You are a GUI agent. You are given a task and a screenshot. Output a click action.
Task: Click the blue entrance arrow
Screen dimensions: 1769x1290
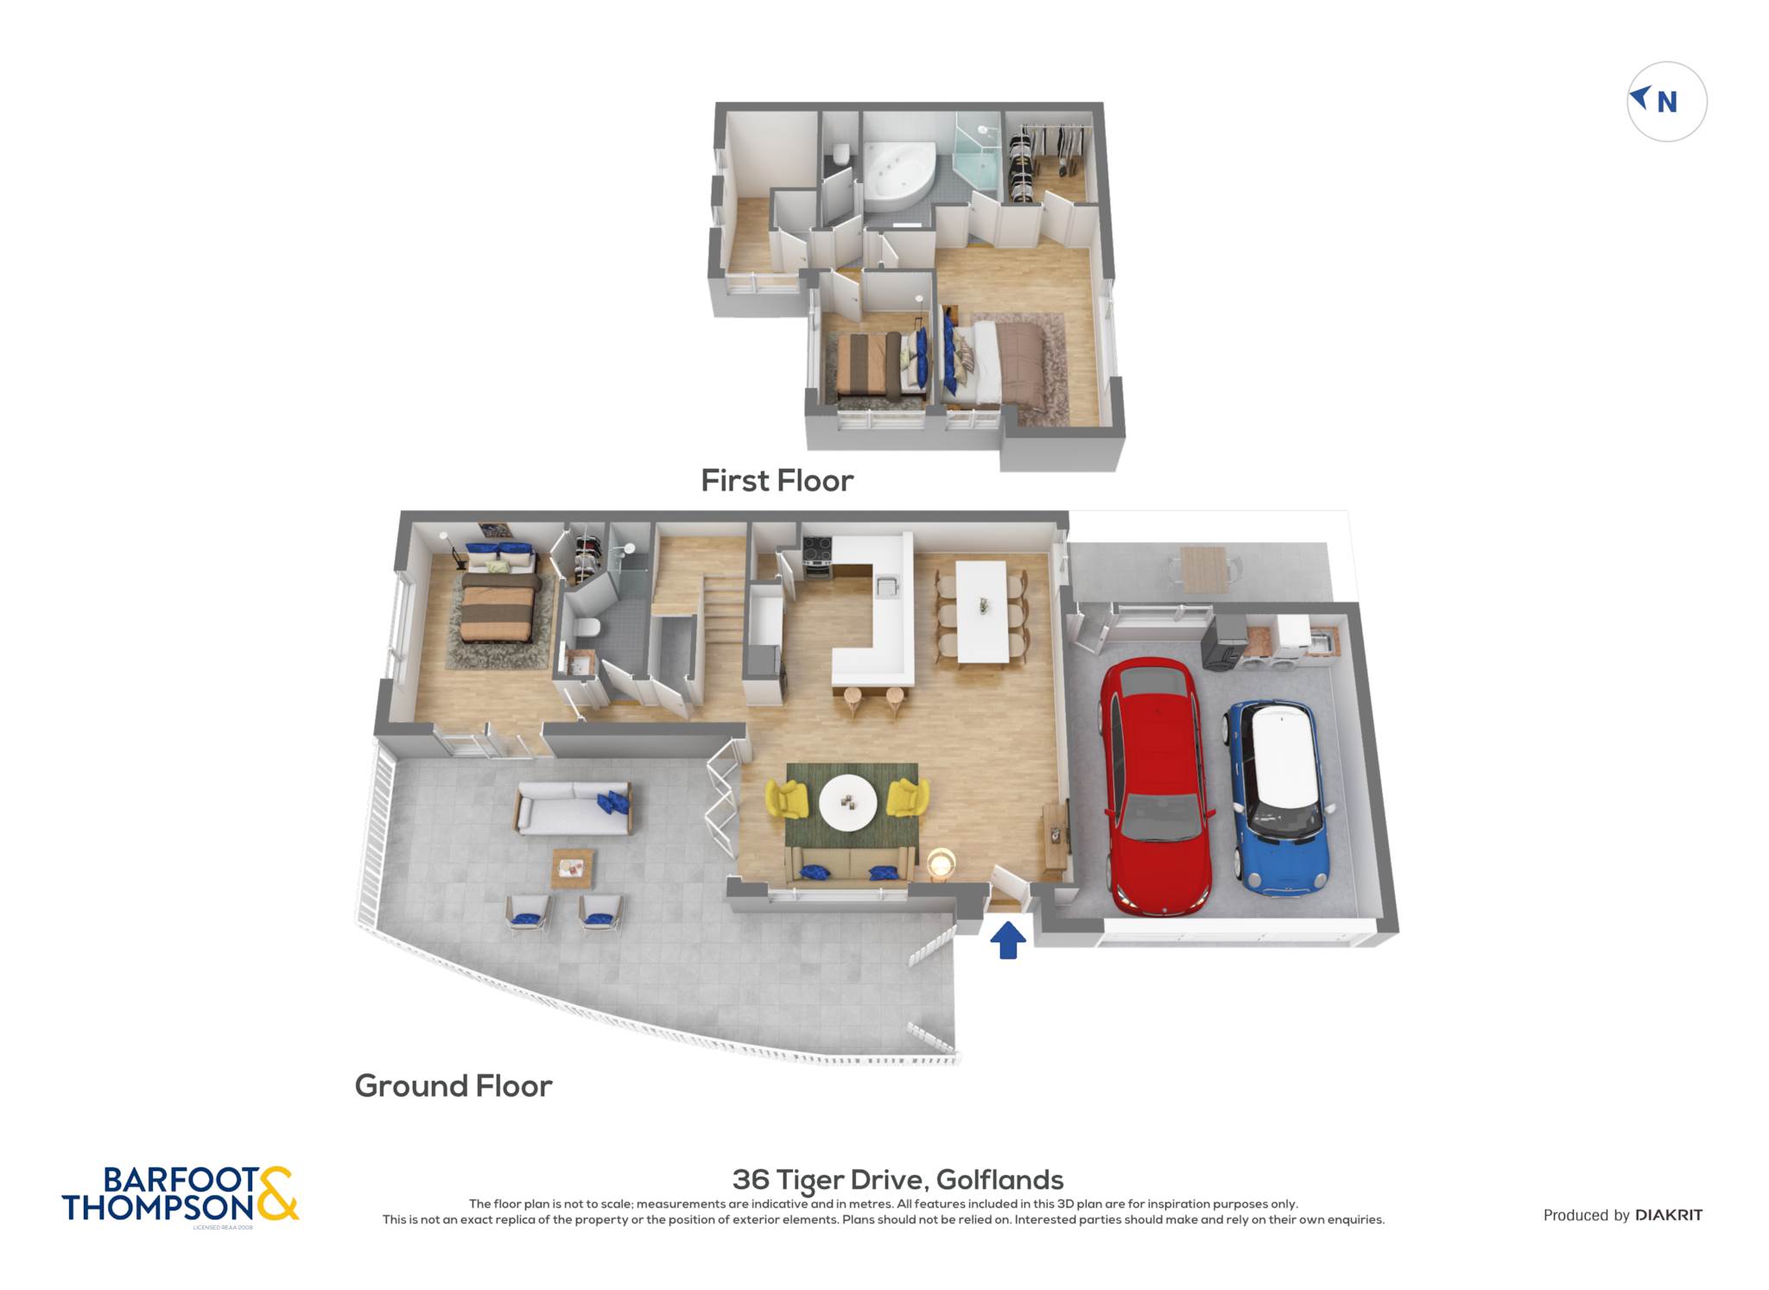(x=1007, y=940)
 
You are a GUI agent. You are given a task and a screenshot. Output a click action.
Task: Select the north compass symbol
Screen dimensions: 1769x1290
(x=1666, y=101)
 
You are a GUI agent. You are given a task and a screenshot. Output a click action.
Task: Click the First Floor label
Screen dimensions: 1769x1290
(x=777, y=480)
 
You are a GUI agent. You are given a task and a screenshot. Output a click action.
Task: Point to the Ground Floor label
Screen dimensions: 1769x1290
(x=453, y=1085)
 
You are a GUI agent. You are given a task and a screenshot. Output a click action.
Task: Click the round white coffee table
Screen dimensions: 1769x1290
(x=848, y=802)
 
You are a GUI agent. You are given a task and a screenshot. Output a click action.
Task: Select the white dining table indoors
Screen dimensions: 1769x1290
(x=982, y=612)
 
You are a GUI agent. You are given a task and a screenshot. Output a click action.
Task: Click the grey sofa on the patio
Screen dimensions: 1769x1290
(x=574, y=807)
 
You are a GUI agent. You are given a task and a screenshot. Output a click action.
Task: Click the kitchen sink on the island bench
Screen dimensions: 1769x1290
(x=887, y=586)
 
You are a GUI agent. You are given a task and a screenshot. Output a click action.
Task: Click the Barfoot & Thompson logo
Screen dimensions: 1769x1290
(x=180, y=1195)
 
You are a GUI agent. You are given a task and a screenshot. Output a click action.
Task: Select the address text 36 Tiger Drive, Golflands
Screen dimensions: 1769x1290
(x=897, y=1179)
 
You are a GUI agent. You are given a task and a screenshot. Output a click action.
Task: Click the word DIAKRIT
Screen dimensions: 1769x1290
(x=1669, y=1215)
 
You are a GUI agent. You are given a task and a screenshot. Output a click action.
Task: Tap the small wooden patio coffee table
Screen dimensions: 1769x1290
(x=573, y=868)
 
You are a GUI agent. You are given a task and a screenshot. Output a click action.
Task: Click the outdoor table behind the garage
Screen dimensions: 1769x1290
(x=1203, y=568)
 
